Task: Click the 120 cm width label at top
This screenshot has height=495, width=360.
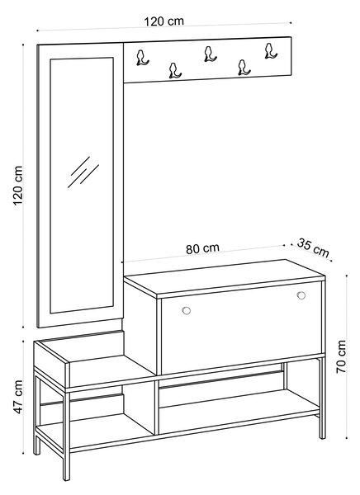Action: (x=163, y=21)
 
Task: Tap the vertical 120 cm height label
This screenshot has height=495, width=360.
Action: (x=18, y=186)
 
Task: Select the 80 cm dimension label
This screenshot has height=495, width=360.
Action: (x=202, y=248)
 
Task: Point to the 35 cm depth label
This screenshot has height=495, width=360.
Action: (x=313, y=247)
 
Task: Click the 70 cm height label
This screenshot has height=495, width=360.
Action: (x=341, y=356)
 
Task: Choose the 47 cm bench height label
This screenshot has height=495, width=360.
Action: (x=18, y=397)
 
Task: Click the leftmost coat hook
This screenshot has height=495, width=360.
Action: (x=142, y=58)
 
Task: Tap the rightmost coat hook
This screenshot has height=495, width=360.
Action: (x=271, y=51)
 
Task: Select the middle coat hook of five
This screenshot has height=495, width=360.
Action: (x=210, y=54)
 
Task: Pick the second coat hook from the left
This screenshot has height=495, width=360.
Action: (x=174, y=71)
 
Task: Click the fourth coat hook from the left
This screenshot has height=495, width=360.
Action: (x=244, y=68)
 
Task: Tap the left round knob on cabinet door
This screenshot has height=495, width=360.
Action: (x=187, y=310)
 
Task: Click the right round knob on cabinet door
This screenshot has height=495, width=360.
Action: (x=301, y=295)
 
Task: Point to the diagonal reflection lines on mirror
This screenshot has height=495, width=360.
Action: (x=83, y=172)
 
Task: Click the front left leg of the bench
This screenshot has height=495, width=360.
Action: (x=66, y=436)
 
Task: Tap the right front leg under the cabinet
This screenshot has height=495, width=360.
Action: (x=322, y=398)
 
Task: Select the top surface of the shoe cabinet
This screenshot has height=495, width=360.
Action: (x=224, y=278)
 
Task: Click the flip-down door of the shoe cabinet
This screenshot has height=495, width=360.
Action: (x=241, y=328)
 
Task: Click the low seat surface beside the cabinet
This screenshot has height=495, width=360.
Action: (x=111, y=370)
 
